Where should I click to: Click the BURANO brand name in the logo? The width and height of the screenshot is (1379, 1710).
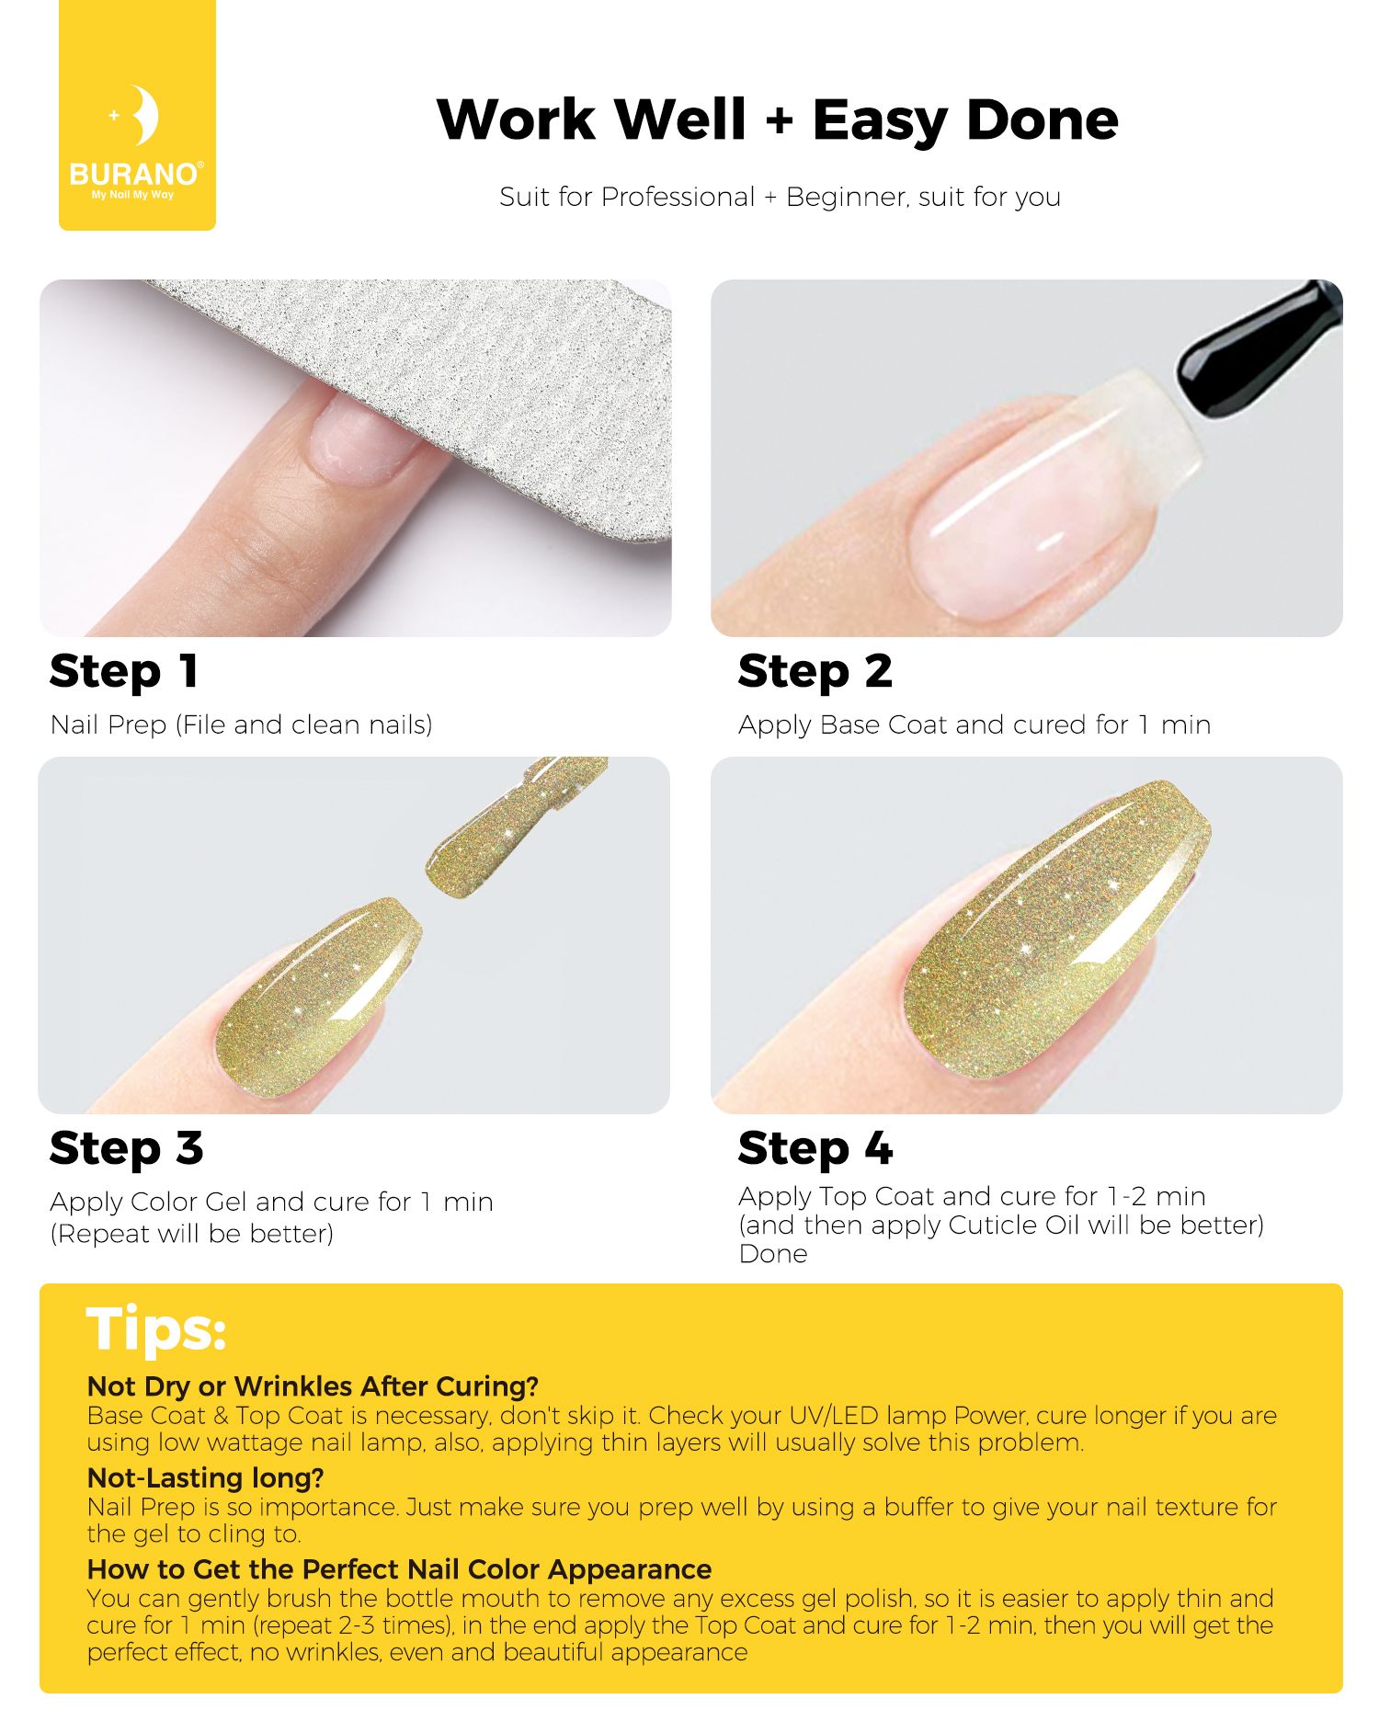tap(134, 174)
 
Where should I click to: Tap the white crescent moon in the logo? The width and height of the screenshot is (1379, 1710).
tap(144, 116)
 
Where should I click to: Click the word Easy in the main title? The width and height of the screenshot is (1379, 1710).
tap(879, 121)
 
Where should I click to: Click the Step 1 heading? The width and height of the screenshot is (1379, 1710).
tap(123, 672)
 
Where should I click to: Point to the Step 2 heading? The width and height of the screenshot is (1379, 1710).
tap(815, 672)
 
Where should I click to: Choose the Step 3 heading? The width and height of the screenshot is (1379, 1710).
tap(126, 1149)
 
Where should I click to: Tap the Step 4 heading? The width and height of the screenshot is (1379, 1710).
tap(815, 1149)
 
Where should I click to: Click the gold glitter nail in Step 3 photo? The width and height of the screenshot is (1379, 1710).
tap(317, 993)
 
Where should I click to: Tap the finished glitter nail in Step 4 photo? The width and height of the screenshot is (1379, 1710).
tap(1057, 929)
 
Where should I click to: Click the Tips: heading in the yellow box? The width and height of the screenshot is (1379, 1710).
tap(156, 1329)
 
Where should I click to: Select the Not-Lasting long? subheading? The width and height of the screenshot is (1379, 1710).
tap(206, 1477)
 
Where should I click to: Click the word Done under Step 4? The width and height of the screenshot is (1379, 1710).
tap(773, 1254)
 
